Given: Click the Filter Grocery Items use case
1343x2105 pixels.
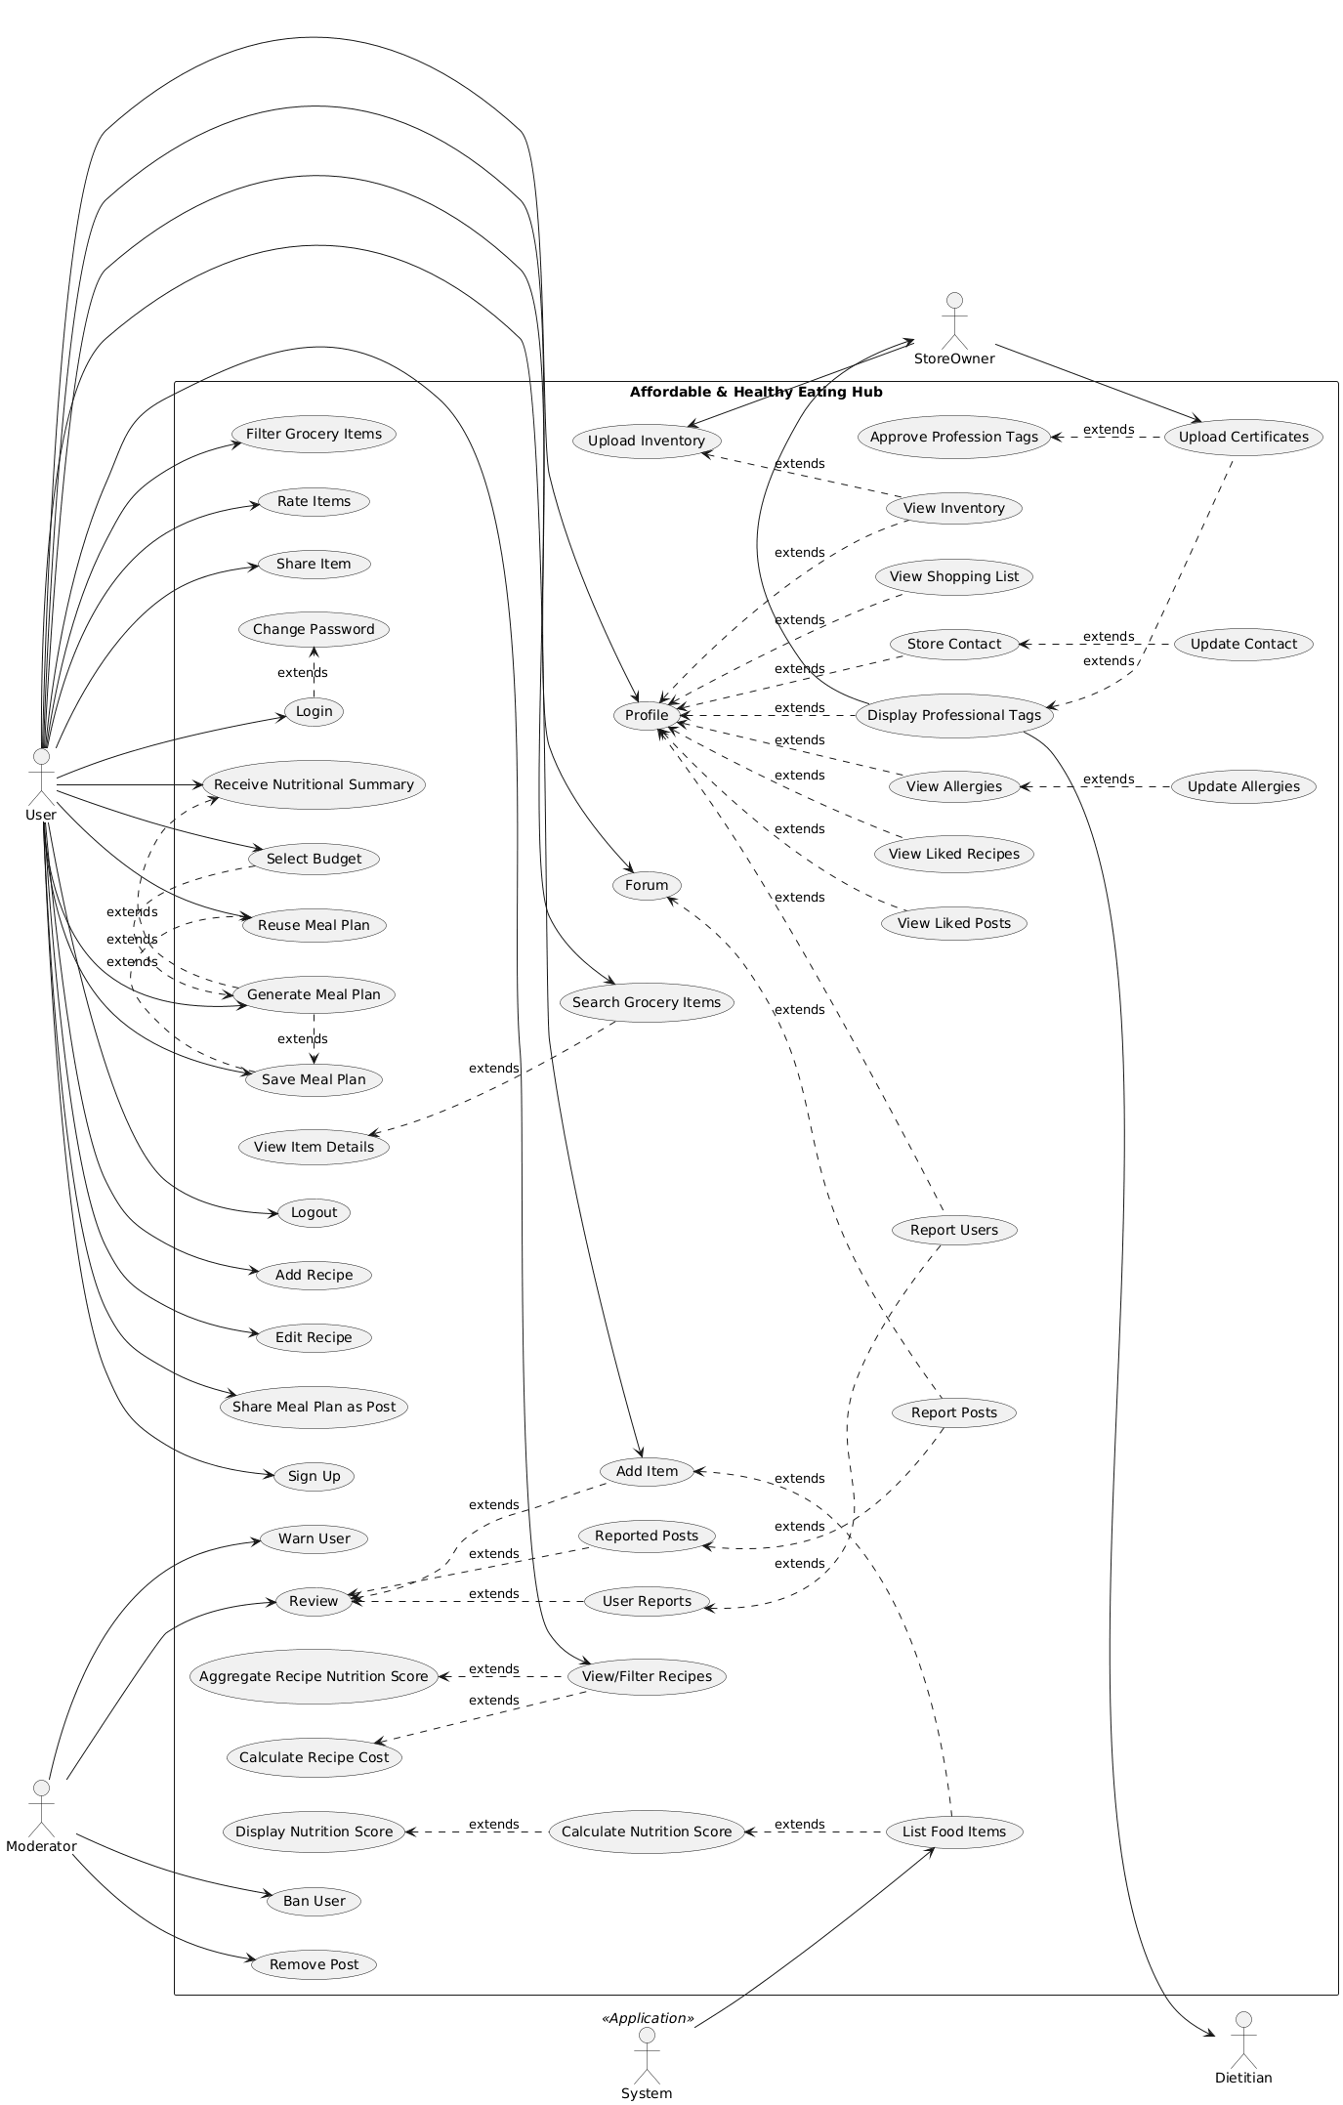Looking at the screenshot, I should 314,434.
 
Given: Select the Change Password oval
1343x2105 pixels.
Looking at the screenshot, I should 314,629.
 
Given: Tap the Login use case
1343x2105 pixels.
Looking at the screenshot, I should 314,711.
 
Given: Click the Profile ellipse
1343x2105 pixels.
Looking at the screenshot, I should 647,715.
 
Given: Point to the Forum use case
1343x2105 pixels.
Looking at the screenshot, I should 647,885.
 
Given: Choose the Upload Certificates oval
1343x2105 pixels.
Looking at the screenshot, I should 1243,437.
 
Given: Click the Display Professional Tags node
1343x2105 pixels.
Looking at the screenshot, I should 954,715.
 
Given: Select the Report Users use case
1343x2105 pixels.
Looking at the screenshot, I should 954,1230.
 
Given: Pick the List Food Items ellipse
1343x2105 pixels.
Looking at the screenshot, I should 954,1831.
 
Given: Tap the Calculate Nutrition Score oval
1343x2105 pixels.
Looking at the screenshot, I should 647,1831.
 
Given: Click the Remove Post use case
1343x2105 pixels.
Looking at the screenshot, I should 314,1964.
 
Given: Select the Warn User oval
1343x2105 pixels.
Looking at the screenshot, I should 314,1538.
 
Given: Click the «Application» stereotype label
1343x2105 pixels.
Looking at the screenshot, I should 647,2018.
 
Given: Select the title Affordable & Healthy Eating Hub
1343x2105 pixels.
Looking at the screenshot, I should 756,393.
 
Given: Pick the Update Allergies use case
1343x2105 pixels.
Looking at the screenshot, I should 1243,786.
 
